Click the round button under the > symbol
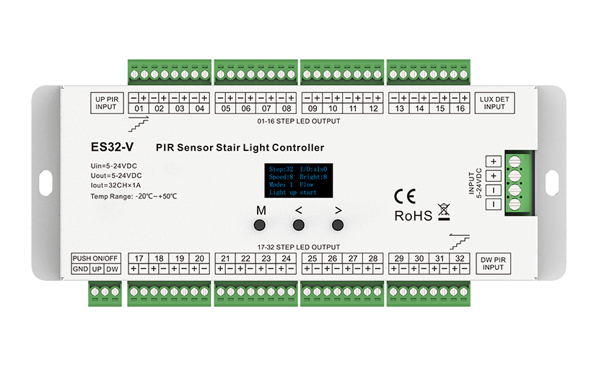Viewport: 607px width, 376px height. (x=336, y=226)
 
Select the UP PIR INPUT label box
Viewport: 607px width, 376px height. (x=110, y=102)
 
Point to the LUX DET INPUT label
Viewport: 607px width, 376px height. (x=494, y=102)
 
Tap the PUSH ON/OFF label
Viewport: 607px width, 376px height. (x=96, y=258)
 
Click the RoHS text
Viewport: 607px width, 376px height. (x=413, y=215)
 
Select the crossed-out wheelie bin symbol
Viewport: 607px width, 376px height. (x=443, y=213)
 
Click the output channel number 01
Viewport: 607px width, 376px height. (x=139, y=109)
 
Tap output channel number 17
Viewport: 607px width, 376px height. (x=139, y=258)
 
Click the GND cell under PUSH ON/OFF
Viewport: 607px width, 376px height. (x=79, y=269)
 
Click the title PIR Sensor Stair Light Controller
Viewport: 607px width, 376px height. (x=240, y=148)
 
